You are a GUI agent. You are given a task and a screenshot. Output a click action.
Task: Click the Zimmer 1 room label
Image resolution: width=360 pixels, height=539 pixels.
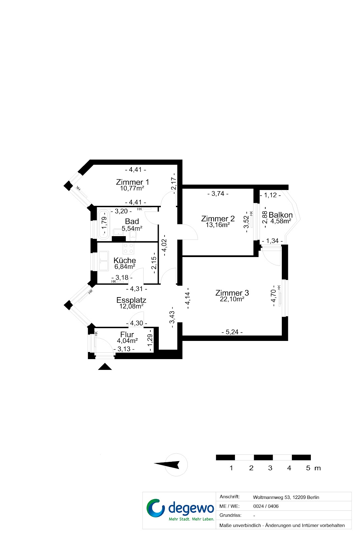pos(132,182)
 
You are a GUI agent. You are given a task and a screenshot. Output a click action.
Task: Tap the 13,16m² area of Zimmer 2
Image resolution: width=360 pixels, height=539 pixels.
pos(218,225)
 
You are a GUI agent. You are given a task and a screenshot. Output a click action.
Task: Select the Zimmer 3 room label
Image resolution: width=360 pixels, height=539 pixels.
pos(232,293)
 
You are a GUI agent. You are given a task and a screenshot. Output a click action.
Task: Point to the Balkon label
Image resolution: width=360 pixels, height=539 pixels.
pos(280,215)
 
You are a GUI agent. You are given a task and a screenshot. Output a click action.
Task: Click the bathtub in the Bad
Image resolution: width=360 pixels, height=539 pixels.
pos(103,224)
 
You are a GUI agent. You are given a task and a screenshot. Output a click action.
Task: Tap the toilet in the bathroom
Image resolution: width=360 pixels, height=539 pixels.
pos(133,234)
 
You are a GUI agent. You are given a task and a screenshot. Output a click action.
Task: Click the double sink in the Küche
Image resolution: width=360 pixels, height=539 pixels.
pos(103,261)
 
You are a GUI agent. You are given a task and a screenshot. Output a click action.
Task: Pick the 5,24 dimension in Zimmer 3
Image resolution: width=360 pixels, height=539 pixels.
pos(232,332)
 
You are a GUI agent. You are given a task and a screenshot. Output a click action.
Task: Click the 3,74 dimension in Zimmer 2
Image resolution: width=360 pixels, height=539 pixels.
pos(218,194)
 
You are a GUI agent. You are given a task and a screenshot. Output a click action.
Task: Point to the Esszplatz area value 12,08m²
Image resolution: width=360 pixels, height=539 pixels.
pos(131,306)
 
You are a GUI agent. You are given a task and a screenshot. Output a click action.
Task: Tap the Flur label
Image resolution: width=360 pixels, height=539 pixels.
pos(127,335)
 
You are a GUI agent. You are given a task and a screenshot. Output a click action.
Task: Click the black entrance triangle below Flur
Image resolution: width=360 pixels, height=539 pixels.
pos(105,367)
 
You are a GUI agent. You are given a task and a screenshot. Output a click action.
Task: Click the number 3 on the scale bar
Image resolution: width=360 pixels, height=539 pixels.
pos(270,468)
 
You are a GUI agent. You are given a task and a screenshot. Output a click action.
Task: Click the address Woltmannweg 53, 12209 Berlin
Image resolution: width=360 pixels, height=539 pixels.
pos(286,497)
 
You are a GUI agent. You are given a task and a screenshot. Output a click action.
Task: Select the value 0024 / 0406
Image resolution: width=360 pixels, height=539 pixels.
pos(266,506)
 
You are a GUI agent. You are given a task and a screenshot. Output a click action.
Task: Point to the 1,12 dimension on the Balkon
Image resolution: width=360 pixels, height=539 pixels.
pos(270,195)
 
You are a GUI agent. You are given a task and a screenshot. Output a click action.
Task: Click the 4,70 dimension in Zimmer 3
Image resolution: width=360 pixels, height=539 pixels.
pos(273,296)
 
